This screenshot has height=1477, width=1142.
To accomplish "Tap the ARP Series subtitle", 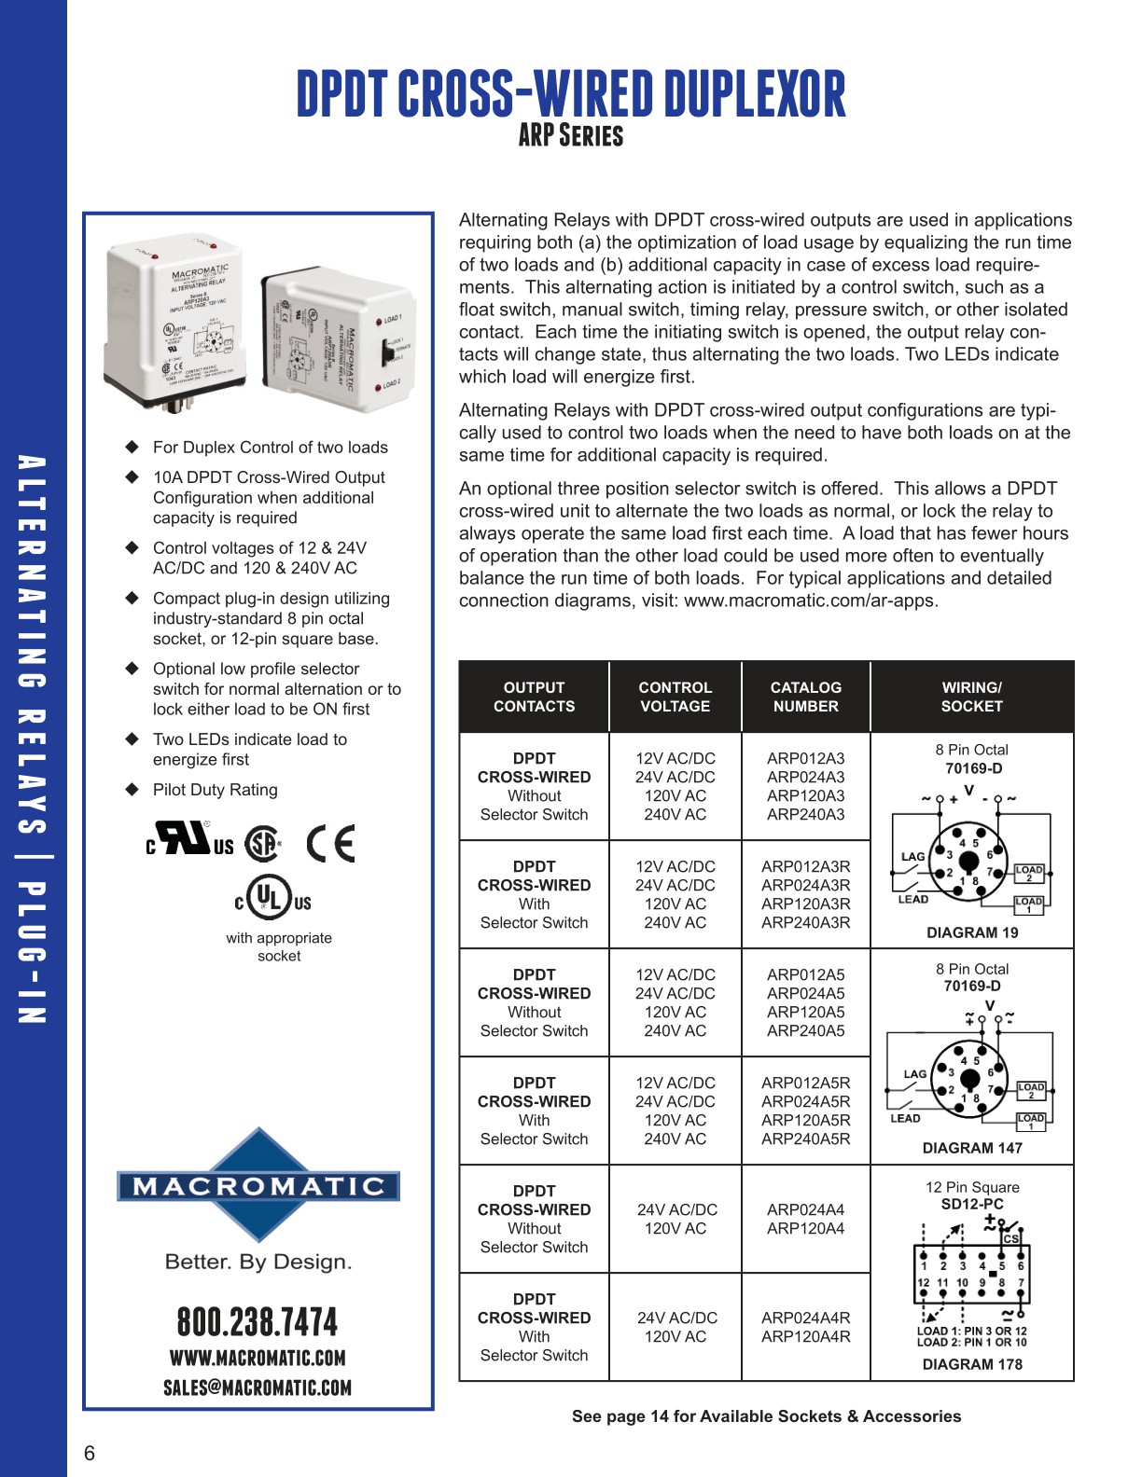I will (x=570, y=136).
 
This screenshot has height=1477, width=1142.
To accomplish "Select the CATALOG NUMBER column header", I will (x=805, y=697).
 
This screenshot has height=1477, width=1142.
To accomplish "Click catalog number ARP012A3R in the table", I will (x=805, y=866).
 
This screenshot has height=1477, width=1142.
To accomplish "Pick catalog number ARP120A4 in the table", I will (x=805, y=1228).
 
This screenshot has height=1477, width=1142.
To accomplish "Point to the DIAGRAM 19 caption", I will (x=972, y=932).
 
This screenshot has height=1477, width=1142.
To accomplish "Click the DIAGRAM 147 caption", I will (x=972, y=1148).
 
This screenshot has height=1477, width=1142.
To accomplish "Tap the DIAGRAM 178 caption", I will (x=972, y=1364).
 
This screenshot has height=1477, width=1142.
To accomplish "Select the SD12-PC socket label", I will (x=972, y=1204).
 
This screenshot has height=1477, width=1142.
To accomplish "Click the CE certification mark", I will (x=331, y=844).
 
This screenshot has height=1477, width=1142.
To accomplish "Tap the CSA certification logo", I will (x=263, y=844).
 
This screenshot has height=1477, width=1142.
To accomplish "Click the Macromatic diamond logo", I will (x=258, y=1185).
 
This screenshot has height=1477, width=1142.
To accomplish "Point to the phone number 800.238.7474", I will (x=258, y=1322).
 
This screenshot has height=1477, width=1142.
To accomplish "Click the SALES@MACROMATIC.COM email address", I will (x=258, y=1387).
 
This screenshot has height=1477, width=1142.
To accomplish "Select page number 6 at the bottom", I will (x=90, y=1453).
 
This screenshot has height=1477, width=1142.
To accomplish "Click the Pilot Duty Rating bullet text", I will (x=216, y=790).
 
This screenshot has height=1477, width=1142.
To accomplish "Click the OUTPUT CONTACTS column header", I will (x=534, y=697).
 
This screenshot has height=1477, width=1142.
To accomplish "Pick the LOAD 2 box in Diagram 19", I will (x=1029, y=873).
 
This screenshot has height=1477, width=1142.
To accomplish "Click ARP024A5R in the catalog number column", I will (x=805, y=1101).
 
